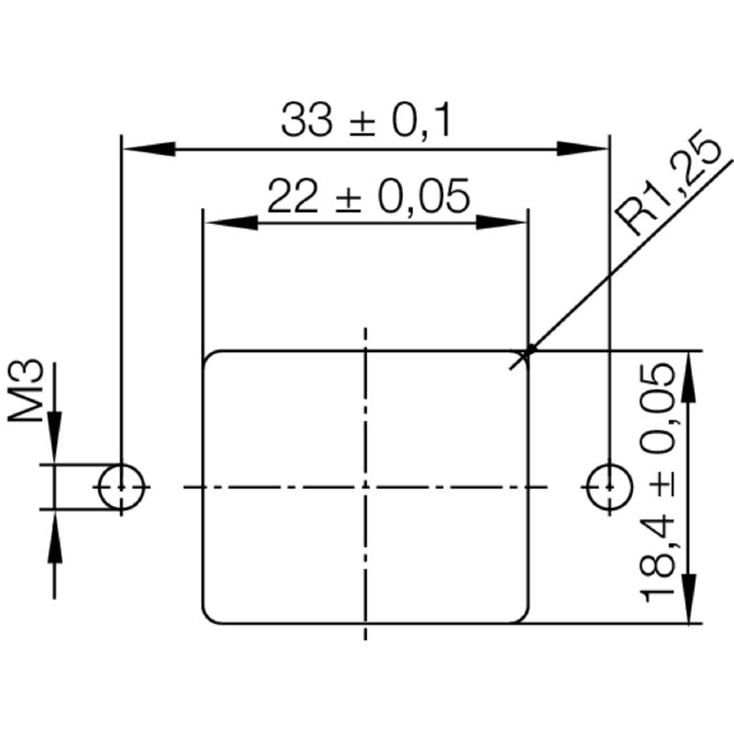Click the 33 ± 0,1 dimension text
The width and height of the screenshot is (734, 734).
point(366,121)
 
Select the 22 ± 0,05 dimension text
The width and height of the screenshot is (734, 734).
point(368,195)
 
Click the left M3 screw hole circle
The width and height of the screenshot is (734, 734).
point(122,486)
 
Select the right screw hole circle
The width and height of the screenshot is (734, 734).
point(607,486)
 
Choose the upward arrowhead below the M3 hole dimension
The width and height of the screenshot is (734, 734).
point(54,537)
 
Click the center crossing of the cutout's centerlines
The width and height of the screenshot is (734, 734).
point(366,486)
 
